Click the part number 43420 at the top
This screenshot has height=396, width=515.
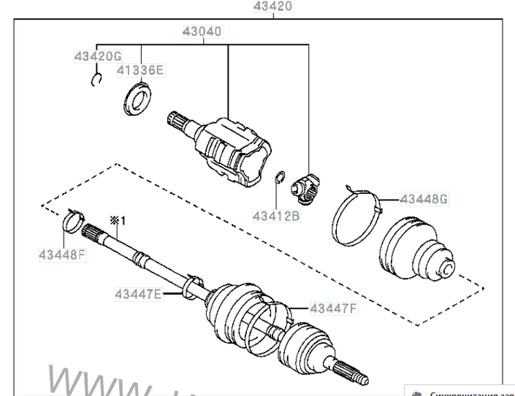[x=273, y=7]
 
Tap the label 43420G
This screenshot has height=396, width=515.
[x=97, y=56]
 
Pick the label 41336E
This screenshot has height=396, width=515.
[x=141, y=71]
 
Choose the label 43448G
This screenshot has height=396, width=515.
[x=424, y=199]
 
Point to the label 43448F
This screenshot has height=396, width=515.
[x=63, y=255]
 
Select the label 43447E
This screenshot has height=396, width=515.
[x=137, y=295]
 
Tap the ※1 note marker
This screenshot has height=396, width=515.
[x=118, y=220]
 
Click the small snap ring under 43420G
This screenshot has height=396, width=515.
[x=96, y=81]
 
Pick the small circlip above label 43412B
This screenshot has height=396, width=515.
[x=279, y=178]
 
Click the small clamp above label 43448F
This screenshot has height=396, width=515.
[x=73, y=219]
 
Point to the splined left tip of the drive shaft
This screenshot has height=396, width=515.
[x=93, y=234]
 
